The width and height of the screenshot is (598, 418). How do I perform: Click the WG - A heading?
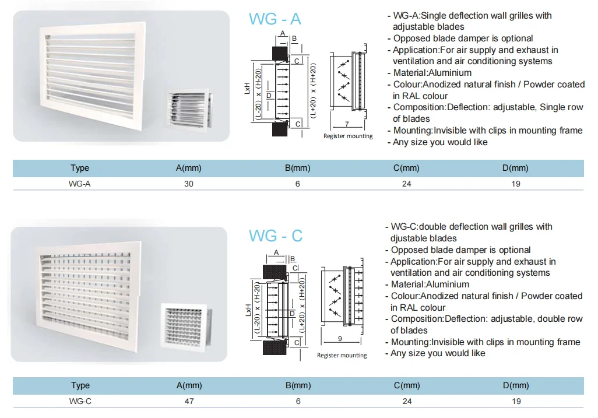coord(275,19)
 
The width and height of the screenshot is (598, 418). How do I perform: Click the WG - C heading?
coord(276,236)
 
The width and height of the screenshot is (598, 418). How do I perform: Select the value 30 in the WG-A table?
coord(188,184)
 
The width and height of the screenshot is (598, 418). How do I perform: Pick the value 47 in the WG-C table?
coord(188,401)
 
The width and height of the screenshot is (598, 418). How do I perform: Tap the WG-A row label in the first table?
coord(79,184)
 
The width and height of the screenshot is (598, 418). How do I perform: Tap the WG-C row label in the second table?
coord(79,401)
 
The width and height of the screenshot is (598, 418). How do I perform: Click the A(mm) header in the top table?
coord(188,168)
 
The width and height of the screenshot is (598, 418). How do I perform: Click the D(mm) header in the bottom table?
coord(516,385)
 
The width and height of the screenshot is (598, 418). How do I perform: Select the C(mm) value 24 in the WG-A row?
coord(406,184)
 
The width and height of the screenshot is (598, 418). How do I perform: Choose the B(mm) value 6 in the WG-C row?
coord(298,401)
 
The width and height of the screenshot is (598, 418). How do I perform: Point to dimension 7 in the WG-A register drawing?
coord(347,125)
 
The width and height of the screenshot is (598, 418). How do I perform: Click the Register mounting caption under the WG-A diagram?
coord(348,136)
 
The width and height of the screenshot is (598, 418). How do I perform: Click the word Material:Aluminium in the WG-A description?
coord(432,73)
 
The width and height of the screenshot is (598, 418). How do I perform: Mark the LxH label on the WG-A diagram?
coord(248,91)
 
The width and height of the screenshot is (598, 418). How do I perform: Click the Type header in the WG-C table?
coord(80,385)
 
